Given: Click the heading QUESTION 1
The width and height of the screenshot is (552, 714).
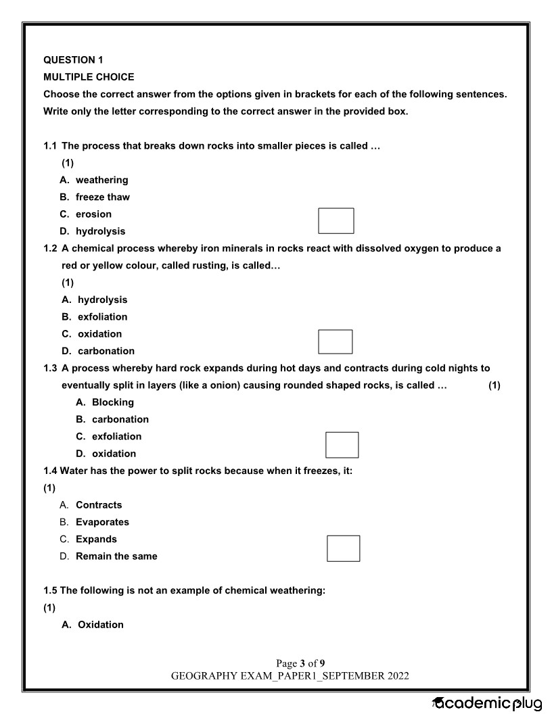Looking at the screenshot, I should click(73, 59).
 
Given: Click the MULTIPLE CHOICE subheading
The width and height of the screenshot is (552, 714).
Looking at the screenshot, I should click(89, 77).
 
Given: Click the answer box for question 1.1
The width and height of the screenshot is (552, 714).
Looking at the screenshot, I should click(336, 220).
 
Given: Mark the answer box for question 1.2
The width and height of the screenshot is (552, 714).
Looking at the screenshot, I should click(336, 341).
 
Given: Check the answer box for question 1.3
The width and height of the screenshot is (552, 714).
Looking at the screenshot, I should click(342, 444).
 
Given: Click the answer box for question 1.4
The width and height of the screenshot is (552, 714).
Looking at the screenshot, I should click(343, 548).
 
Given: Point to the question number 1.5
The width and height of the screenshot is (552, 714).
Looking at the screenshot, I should click(51, 590).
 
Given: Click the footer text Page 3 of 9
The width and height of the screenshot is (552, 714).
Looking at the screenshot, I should click(300, 663).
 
